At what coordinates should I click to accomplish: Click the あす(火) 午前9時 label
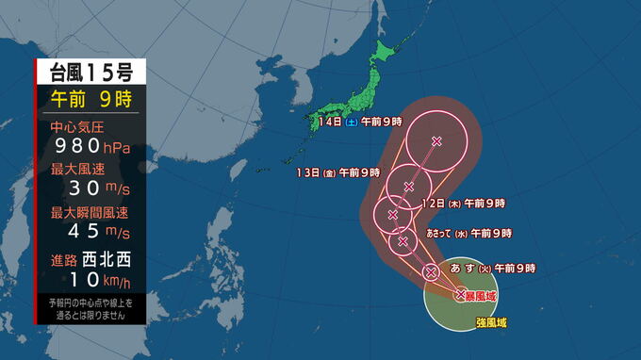493,270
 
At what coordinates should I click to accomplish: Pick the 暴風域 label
485,295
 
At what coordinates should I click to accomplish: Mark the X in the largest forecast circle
436,141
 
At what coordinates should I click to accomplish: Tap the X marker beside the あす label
431,272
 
